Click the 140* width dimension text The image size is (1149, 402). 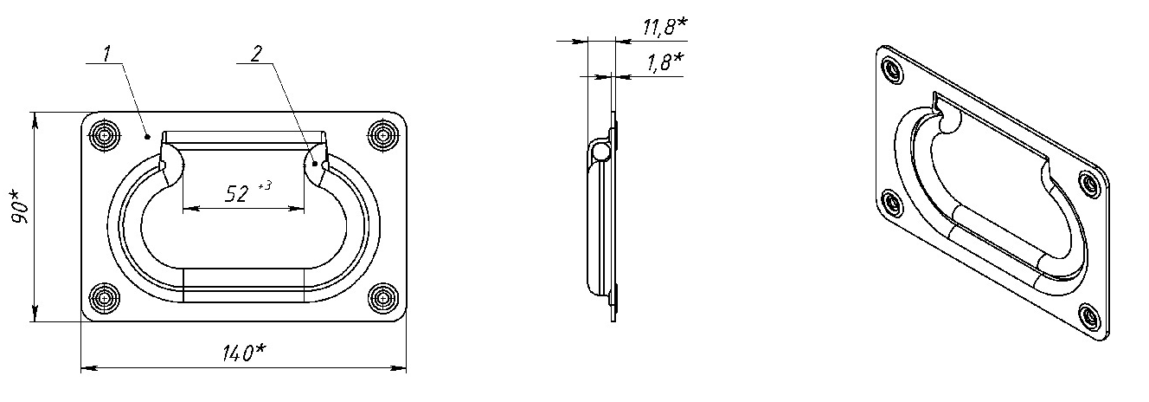[244, 353]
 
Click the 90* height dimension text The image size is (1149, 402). [21, 206]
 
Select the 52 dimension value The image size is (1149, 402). [236, 193]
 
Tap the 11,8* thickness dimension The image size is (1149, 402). [664, 26]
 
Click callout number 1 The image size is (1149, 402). [106, 54]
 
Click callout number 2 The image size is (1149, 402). [256, 54]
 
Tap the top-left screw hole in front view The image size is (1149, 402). [105, 136]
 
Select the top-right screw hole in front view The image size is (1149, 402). [382, 136]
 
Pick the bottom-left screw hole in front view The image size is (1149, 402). [105, 297]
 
